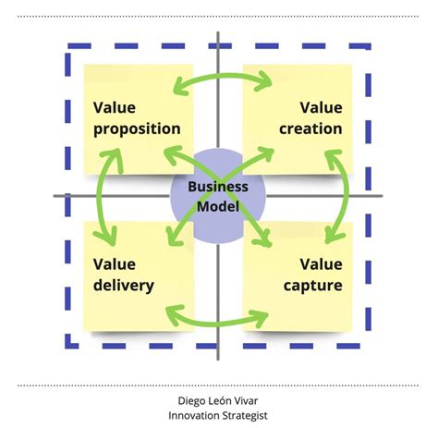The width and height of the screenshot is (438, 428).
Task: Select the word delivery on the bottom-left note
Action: [x=123, y=285]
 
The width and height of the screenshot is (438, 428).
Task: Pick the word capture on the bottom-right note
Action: [x=313, y=285]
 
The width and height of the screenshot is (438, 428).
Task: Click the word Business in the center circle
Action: [x=218, y=186]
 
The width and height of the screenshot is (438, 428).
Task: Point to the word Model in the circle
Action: [x=218, y=205]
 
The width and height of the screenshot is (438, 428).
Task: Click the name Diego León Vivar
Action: [x=218, y=400]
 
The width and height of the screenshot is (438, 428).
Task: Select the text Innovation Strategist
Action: [x=218, y=415]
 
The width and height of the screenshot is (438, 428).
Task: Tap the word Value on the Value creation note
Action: [x=322, y=107]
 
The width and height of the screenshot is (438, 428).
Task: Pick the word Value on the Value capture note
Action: [x=322, y=263]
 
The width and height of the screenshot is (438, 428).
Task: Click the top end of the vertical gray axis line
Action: [x=218, y=34]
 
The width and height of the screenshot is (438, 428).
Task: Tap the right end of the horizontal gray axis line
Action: [x=382, y=195]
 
